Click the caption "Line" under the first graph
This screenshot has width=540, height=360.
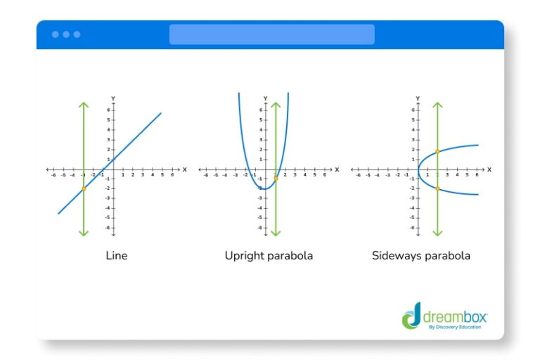116,256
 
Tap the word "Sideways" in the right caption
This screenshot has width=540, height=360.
394,256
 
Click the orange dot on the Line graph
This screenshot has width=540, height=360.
84,188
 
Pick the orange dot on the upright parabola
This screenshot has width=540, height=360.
276,179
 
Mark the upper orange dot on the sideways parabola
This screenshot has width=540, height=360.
437,151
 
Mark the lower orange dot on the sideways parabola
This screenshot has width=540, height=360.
437,188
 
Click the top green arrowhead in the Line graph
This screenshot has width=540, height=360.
84,105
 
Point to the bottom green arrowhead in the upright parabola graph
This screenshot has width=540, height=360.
276,233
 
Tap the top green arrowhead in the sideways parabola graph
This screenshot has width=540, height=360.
437,105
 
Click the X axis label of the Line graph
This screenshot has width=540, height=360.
184,169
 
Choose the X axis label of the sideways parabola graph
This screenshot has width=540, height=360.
489,169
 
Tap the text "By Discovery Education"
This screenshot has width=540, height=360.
456,327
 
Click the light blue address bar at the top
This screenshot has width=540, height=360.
271,34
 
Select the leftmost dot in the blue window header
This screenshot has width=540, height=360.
55,34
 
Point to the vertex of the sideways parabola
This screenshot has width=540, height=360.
418,169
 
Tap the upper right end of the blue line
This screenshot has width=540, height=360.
160,113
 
